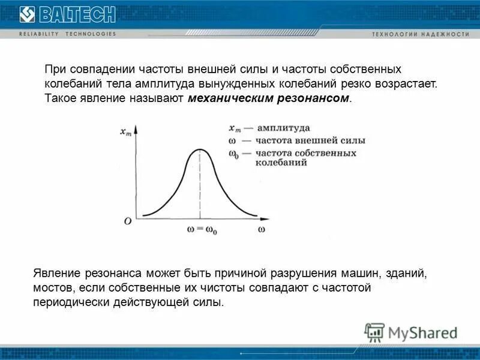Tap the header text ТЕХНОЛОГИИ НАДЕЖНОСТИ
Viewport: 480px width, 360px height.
pyautogui.click(x=420, y=35)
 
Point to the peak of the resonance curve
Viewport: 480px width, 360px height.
pyautogui.click(x=199, y=149)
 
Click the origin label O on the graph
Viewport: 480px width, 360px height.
pyautogui.click(x=127, y=221)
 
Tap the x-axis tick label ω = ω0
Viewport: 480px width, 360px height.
pyautogui.click(x=199, y=229)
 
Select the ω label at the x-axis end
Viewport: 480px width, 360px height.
pyautogui.click(x=262, y=229)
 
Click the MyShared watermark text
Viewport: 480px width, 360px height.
pyautogui.click(x=422, y=332)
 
